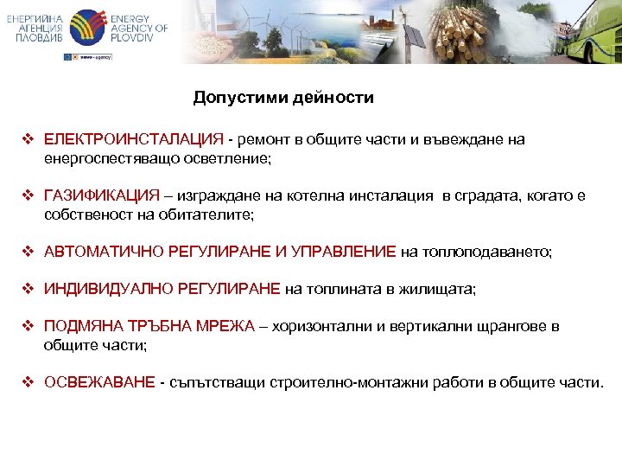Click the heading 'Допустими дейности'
283,98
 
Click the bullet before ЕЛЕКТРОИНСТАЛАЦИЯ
28,140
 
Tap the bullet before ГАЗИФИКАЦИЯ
28,196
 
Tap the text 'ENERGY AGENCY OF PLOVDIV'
138,29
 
